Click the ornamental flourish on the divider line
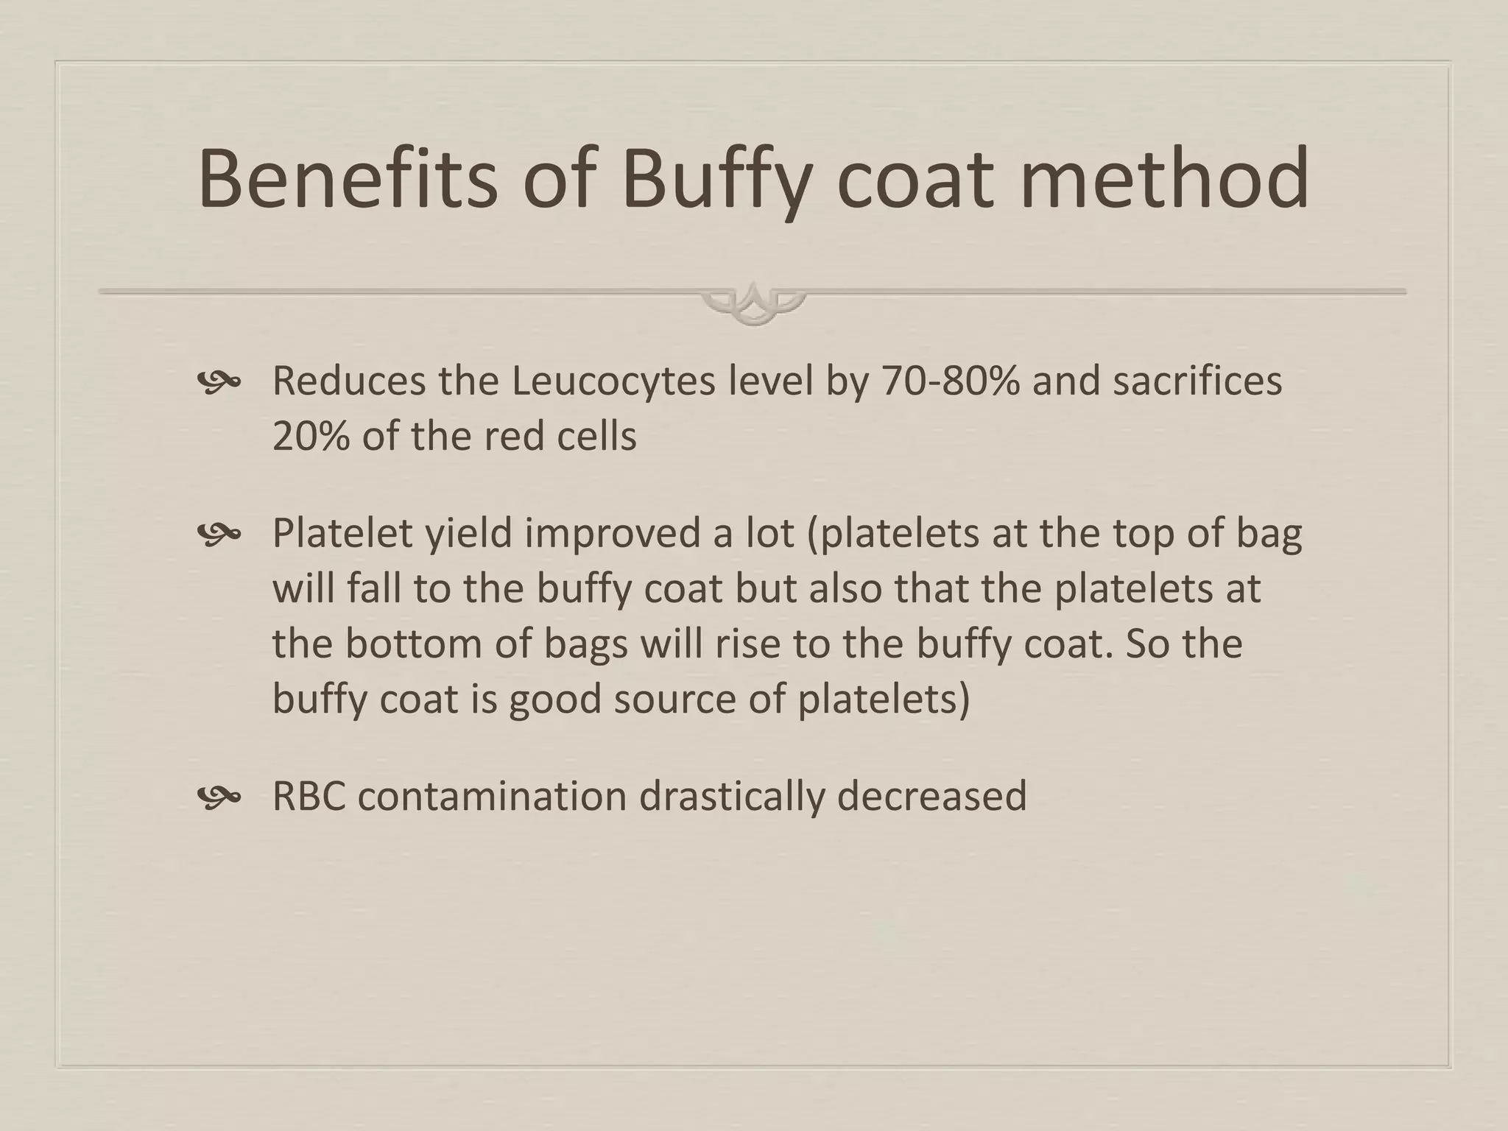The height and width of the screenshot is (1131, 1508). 753,303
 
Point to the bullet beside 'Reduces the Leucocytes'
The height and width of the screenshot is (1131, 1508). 219,381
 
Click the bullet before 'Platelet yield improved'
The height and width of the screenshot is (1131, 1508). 219,534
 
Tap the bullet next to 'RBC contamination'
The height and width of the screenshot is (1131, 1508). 219,796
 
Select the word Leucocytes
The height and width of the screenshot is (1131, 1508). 613,381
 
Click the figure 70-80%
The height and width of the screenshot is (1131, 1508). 951,381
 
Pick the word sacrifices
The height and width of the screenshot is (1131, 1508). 1197,381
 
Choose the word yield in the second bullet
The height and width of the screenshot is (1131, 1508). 468,534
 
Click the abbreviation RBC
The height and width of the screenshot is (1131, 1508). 309,796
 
